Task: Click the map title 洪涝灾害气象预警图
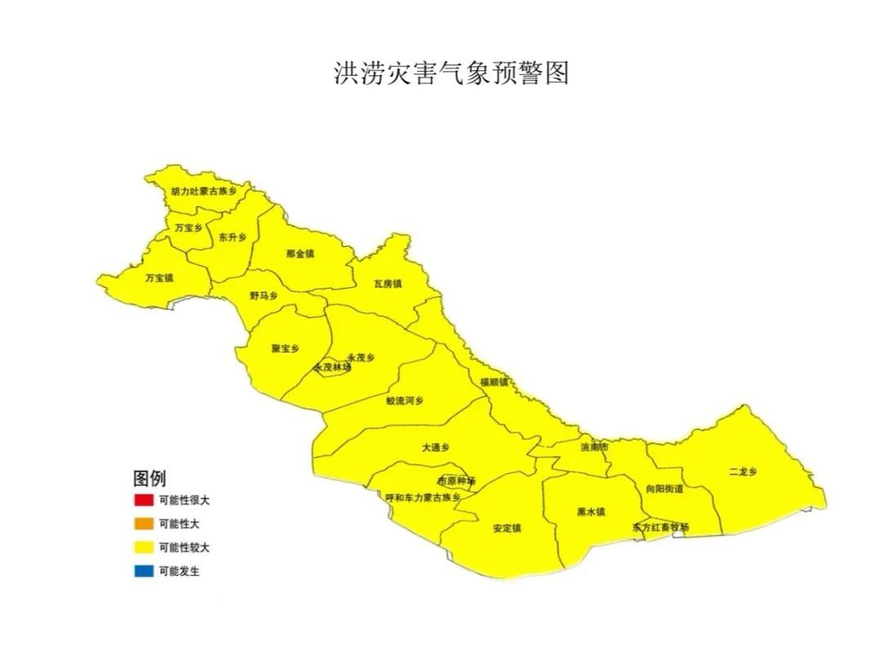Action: (x=451, y=73)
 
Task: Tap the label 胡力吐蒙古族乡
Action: (x=203, y=191)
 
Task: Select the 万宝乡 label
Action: (x=188, y=228)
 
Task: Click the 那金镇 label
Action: (x=300, y=254)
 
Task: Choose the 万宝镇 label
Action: (x=159, y=278)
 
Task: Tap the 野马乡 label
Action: (x=263, y=295)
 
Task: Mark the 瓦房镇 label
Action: (x=388, y=285)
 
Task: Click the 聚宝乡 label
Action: (x=285, y=348)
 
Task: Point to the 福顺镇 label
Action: (x=494, y=382)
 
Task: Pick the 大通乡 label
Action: (x=436, y=447)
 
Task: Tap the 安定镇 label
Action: (x=507, y=528)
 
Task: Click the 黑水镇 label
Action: (x=590, y=513)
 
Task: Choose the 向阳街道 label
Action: (x=664, y=489)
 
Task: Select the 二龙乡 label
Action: (x=742, y=472)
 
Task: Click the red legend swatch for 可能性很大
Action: (x=143, y=500)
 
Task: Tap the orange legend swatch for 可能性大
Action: (x=143, y=524)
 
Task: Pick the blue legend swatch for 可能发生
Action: (x=143, y=572)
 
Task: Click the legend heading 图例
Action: (x=150, y=478)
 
